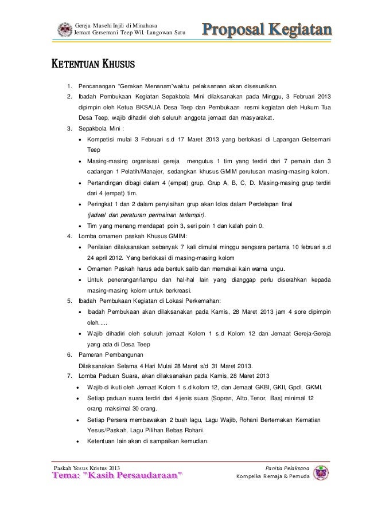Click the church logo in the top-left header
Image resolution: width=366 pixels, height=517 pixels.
[65, 29]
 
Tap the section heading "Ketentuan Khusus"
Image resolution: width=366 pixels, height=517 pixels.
[94, 61]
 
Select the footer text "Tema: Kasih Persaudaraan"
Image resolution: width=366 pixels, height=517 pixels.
[119, 476]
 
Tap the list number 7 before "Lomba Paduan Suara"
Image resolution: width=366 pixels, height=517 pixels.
[69, 376]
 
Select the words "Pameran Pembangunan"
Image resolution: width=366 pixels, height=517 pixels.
[111, 354]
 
